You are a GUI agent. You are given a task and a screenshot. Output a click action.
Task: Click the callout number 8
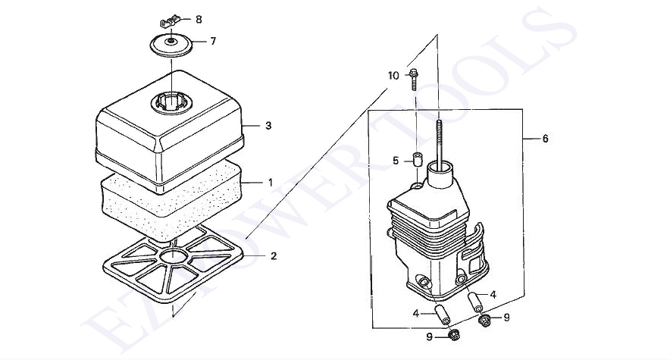pyautogui.click(x=199, y=19)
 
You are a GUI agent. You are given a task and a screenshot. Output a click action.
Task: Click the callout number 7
pyautogui.click(x=213, y=42)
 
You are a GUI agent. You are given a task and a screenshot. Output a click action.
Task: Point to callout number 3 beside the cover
pyautogui.click(x=268, y=126)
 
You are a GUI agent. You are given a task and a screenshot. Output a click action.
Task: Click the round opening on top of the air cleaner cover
pyautogui.click(x=171, y=103)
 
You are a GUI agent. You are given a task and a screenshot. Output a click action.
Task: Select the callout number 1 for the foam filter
pyautogui.click(x=270, y=183)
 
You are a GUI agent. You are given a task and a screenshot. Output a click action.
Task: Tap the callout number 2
pyautogui.click(x=274, y=256)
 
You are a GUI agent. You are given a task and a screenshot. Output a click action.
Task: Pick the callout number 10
pyautogui.click(x=393, y=76)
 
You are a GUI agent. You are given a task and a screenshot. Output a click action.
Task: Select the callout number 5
pyautogui.click(x=396, y=161)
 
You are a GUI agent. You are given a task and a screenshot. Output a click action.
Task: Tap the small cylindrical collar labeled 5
pyautogui.click(x=416, y=158)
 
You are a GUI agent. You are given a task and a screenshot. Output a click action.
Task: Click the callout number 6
pyautogui.click(x=545, y=139)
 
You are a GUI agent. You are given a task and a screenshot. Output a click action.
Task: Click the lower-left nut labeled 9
pyautogui.click(x=454, y=335)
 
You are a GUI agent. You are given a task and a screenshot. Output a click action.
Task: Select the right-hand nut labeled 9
pyautogui.click(x=485, y=321)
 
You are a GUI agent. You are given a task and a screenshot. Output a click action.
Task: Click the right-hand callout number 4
pyautogui.click(x=493, y=295)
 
